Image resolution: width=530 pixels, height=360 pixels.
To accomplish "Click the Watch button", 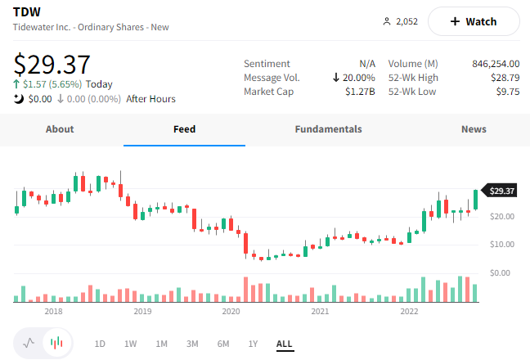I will pyautogui.click(x=474, y=21).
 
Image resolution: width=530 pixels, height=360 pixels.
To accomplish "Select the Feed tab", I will pyautogui.click(x=184, y=129).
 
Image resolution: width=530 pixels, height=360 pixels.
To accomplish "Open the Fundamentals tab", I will pyautogui.click(x=328, y=129).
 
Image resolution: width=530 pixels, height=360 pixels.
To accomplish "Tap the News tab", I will pyautogui.click(x=474, y=129).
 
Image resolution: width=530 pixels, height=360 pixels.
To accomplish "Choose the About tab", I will pyautogui.click(x=60, y=129).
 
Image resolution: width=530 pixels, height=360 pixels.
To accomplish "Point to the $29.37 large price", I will pyautogui.click(x=52, y=64).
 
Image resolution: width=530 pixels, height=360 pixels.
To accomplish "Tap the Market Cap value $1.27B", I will pyautogui.click(x=360, y=92).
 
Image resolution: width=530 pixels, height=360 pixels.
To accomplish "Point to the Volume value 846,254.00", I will pyautogui.click(x=496, y=64).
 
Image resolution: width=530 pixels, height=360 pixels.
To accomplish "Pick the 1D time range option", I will pyautogui.click(x=100, y=344).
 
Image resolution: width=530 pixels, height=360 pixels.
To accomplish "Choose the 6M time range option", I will pyautogui.click(x=223, y=344).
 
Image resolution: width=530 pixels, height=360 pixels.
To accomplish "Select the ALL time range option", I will pyautogui.click(x=285, y=344).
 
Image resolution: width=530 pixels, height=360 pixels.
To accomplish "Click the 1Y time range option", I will pyautogui.click(x=254, y=344).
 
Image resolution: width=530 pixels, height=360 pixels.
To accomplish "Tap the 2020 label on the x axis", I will pyautogui.click(x=231, y=311).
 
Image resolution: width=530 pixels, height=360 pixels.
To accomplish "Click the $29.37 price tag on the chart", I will pyautogui.click(x=501, y=191).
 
